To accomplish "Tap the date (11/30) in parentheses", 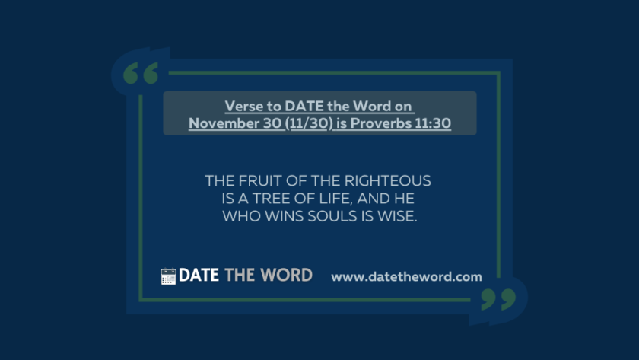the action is click(309, 123).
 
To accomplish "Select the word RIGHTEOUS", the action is click(387, 180).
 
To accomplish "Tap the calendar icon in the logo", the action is click(168, 276).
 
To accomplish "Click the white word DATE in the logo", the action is click(199, 276).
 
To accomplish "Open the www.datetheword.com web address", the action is click(407, 277).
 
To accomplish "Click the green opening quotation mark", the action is click(141, 73).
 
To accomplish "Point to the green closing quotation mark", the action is click(498, 299).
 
